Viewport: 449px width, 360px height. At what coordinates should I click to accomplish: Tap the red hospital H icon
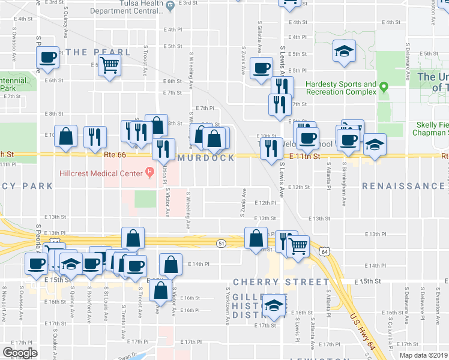149,173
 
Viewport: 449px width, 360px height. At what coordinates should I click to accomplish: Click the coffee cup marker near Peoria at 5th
48,58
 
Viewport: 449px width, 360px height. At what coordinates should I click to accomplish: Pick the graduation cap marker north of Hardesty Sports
345,51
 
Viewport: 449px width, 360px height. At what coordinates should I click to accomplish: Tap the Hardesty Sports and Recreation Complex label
341,88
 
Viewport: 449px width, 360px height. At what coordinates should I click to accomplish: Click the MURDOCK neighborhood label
205,158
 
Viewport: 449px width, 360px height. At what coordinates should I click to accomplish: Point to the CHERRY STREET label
265,282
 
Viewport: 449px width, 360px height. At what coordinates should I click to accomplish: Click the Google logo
20,352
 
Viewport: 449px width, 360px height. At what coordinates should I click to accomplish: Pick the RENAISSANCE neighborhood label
403,187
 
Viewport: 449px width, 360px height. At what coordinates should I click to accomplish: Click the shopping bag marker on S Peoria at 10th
65,136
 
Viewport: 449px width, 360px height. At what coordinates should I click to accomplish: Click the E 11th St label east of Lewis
306,156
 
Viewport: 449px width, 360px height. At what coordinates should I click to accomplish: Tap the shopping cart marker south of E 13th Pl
298,244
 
